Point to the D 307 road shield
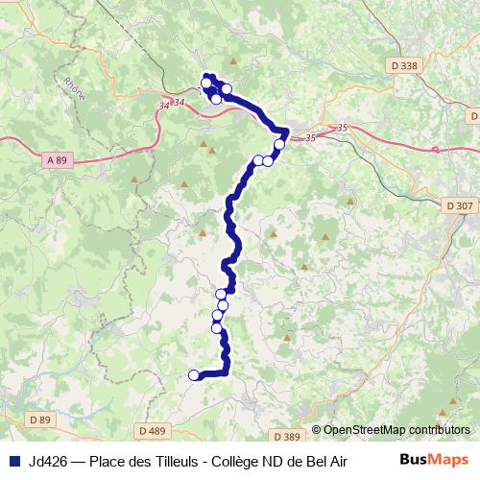(x=461, y=204)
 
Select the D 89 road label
(x=39, y=420)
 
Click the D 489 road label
(x=154, y=431)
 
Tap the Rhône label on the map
(x=74, y=88)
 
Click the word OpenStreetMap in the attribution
(x=365, y=430)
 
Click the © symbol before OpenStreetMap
(x=317, y=430)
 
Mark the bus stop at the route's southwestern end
(x=194, y=375)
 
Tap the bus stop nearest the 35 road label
(x=279, y=145)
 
